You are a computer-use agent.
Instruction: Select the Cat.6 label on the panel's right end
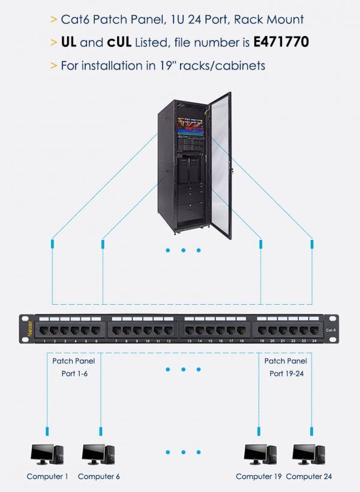(331, 331)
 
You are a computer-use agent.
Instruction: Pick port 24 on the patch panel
(314, 331)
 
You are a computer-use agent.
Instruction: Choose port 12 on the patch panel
(169, 331)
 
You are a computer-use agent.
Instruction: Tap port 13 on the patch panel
(189, 331)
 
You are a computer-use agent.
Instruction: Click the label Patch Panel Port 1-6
(73, 367)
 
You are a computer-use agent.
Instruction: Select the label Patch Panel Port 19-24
(286, 367)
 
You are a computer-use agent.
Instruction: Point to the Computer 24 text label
(308, 476)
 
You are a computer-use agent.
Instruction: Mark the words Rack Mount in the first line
(277, 19)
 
